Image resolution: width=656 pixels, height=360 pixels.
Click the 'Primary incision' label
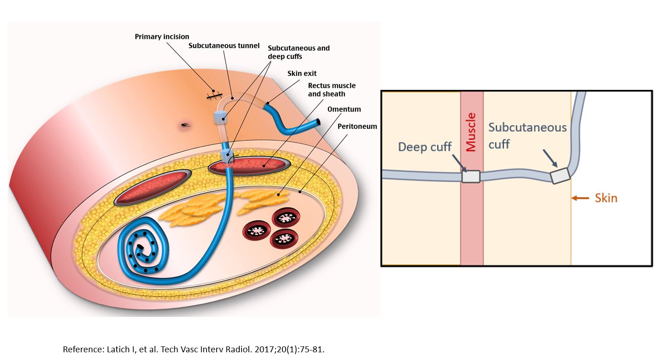(x=162, y=36)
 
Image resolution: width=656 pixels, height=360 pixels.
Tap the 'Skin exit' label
(x=302, y=73)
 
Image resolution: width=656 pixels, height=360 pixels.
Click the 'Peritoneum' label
(x=357, y=126)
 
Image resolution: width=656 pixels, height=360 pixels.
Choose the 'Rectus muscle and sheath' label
(x=331, y=89)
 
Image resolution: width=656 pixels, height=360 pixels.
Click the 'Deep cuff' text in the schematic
(x=424, y=147)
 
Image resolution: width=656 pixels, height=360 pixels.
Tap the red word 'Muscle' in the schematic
(x=471, y=132)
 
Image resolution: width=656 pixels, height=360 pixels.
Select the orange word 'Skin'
(x=606, y=198)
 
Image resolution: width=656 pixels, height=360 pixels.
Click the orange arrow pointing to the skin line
(x=581, y=198)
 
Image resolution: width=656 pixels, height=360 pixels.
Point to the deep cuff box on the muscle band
(x=471, y=176)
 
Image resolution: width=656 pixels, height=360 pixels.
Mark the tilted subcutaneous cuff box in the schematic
(x=560, y=175)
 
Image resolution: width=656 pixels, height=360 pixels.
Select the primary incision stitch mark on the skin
(x=213, y=94)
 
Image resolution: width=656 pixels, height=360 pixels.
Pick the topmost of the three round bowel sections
(x=285, y=218)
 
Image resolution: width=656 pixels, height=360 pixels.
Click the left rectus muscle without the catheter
(x=150, y=187)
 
